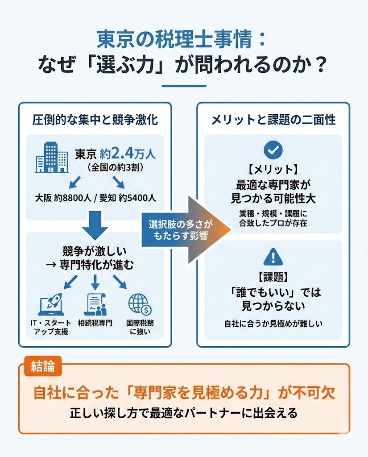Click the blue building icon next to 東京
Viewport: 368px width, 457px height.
(x=52, y=158)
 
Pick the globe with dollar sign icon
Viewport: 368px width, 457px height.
(x=140, y=305)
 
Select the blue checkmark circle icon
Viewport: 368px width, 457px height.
(x=273, y=150)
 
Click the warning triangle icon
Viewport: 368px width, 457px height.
(x=273, y=257)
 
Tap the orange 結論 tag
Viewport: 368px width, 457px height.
(x=43, y=366)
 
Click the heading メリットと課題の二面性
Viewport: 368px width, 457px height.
(x=273, y=120)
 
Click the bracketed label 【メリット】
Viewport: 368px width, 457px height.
(x=273, y=170)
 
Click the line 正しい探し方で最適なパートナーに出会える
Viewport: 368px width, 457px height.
(x=184, y=413)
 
